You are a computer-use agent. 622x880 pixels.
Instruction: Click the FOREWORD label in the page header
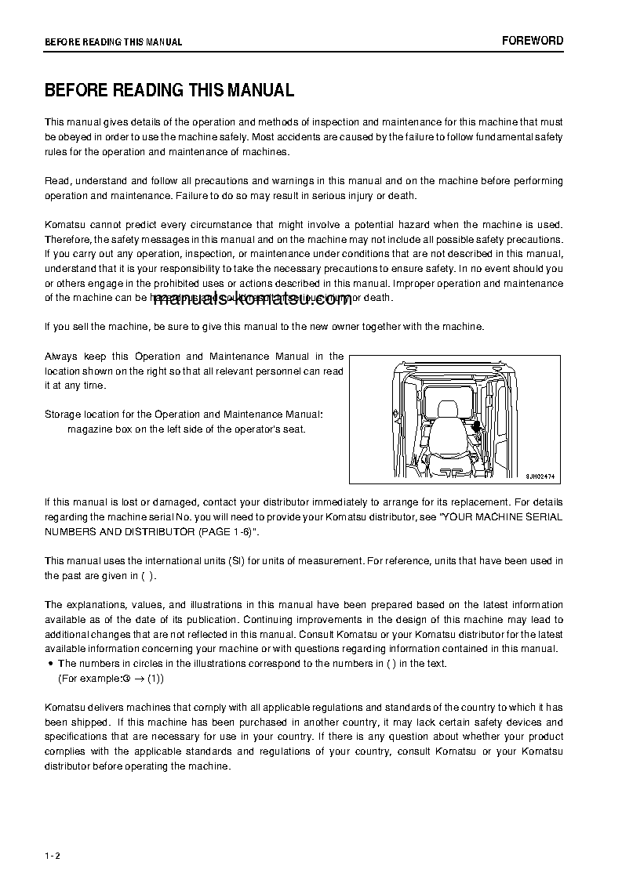tap(533, 41)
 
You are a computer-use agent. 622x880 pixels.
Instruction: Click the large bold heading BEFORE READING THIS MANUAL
tap(169, 90)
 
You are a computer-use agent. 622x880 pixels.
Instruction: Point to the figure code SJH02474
tap(540, 475)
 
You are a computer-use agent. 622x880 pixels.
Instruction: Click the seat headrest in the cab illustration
tap(448, 409)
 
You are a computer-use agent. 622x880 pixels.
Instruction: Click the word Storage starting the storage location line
tap(63, 414)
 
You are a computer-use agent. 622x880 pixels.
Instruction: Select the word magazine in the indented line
tap(89, 429)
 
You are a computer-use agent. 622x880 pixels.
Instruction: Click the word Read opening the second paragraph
tap(56, 181)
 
